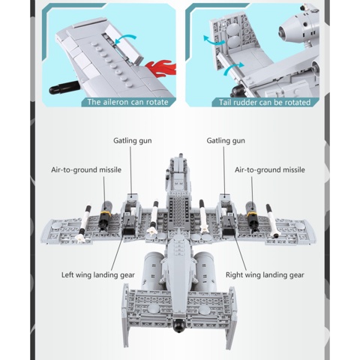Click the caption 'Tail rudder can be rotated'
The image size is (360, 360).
pos(264,102)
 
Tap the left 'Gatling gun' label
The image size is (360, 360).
pos(131,140)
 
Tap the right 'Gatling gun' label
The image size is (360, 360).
pos(226,140)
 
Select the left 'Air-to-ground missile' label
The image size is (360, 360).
pos(86,170)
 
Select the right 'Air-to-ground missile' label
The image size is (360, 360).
pos(270,170)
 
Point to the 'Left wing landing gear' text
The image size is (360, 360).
pos(97,274)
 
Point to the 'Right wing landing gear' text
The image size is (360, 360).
pos(265,274)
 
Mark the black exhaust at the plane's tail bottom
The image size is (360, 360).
pos(179,327)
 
